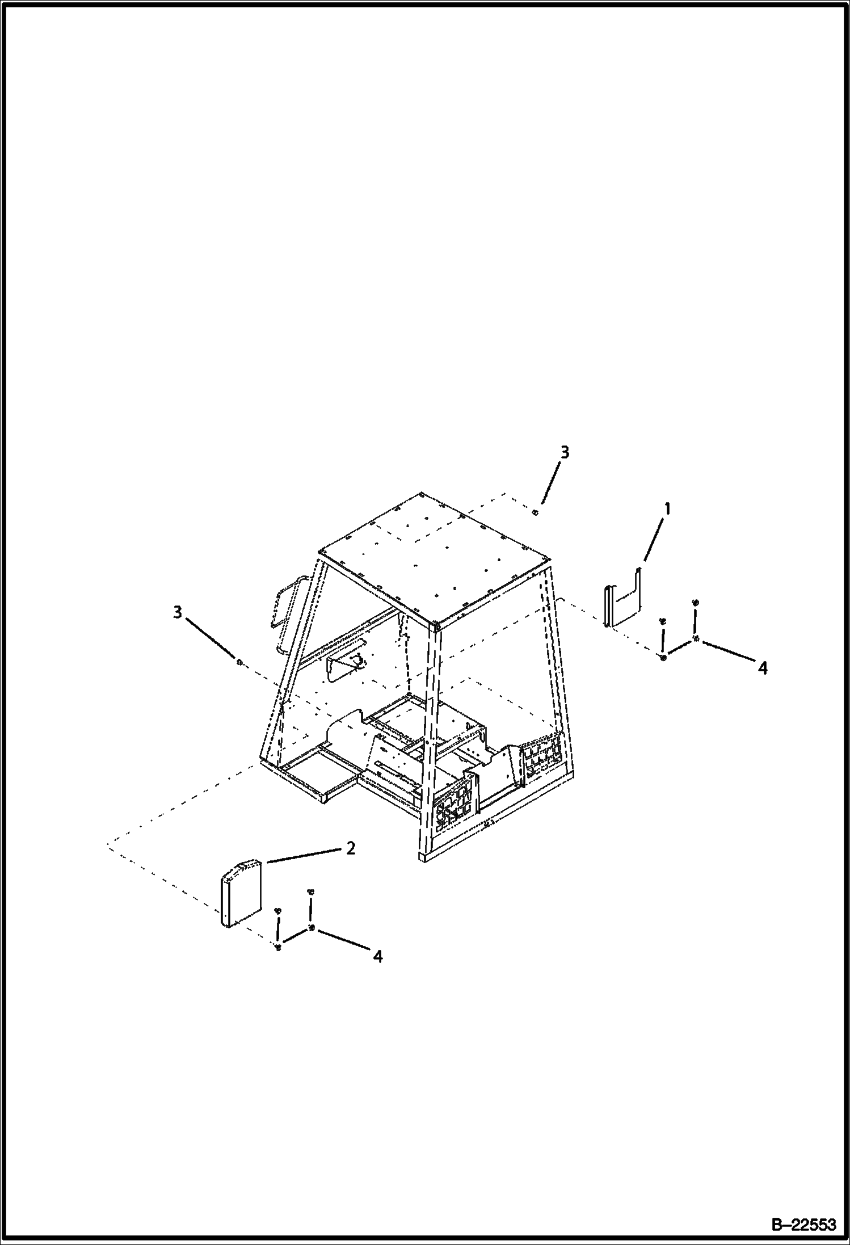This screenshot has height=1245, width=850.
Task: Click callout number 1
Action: coord(667,509)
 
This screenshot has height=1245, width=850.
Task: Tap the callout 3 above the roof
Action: coord(564,452)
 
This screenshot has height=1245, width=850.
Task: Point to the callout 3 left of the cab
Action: coord(178,612)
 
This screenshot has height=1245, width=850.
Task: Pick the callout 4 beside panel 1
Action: coord(763,668)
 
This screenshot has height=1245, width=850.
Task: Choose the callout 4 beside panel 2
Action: coord(377,956)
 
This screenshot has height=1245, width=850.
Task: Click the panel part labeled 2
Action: coord(241,894)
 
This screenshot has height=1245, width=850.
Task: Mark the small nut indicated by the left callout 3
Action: coord(239,662)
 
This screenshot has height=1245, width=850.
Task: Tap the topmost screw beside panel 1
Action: coord(696,602)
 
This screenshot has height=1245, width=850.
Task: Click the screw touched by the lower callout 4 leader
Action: coord(312,928)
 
